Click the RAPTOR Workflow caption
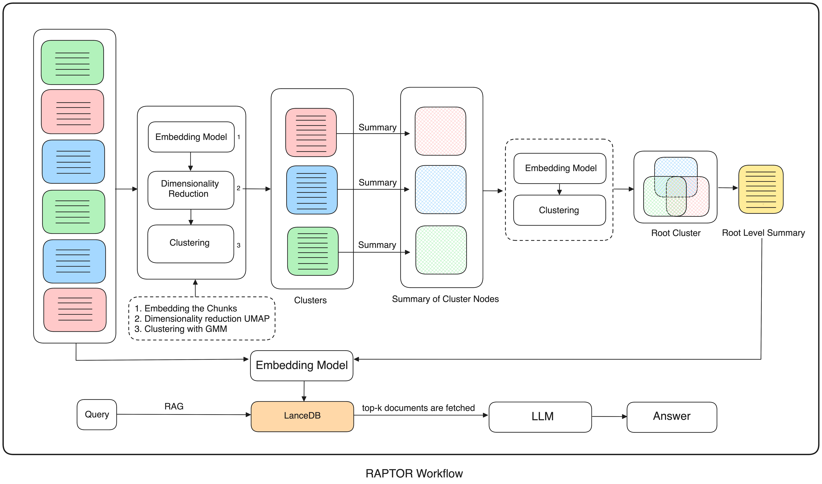coord(414,473)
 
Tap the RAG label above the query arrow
coord(174,406)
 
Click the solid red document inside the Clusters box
coord(311,132)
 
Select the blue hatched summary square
coord(440,189)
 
